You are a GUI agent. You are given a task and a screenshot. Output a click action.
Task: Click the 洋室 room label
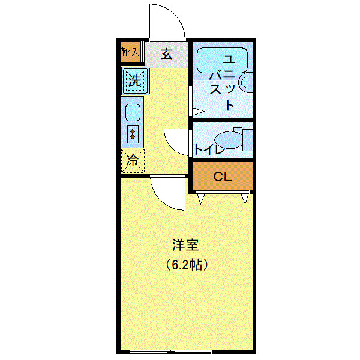(185, 245)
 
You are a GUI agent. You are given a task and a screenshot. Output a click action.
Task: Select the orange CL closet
(223, 176)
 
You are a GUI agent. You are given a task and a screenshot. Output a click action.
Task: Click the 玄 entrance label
(166, 55)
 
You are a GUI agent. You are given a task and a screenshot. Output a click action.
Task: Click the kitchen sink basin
(133, 112)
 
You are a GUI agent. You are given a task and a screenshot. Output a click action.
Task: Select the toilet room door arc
(178, 143)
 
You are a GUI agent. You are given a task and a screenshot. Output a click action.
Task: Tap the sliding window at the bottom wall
(171, 351)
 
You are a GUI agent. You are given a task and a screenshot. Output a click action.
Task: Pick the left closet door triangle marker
(200, 197)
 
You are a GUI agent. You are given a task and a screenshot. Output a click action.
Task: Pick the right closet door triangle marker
(245, 197)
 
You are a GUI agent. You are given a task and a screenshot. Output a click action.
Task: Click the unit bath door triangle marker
(197, 111)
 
